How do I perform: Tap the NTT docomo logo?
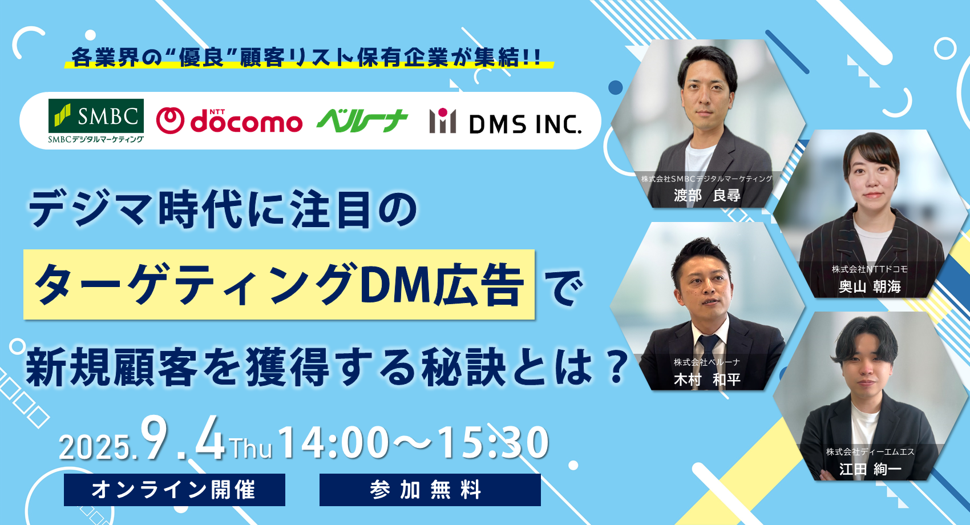(x=229, y=121)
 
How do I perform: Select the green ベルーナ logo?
(x=362, y=121)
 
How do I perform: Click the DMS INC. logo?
(x=505, y=122)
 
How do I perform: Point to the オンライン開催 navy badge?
(x=175, y=490)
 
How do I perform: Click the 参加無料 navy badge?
(x=430, y=490)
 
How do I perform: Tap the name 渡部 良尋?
(x=707, y=195)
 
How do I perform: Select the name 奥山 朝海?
(x=870, y=287)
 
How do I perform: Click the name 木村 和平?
(x=707, y=379)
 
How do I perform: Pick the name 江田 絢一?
(x=870, y=469)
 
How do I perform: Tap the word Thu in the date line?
(x=251, y=449)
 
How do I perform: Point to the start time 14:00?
(x=334, y=442)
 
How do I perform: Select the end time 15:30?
(x=494, y=442)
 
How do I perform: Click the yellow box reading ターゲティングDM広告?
(x=279, y=285)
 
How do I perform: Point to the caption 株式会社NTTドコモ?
(x=870, y=269)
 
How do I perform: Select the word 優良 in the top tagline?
(x=201, y=58)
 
